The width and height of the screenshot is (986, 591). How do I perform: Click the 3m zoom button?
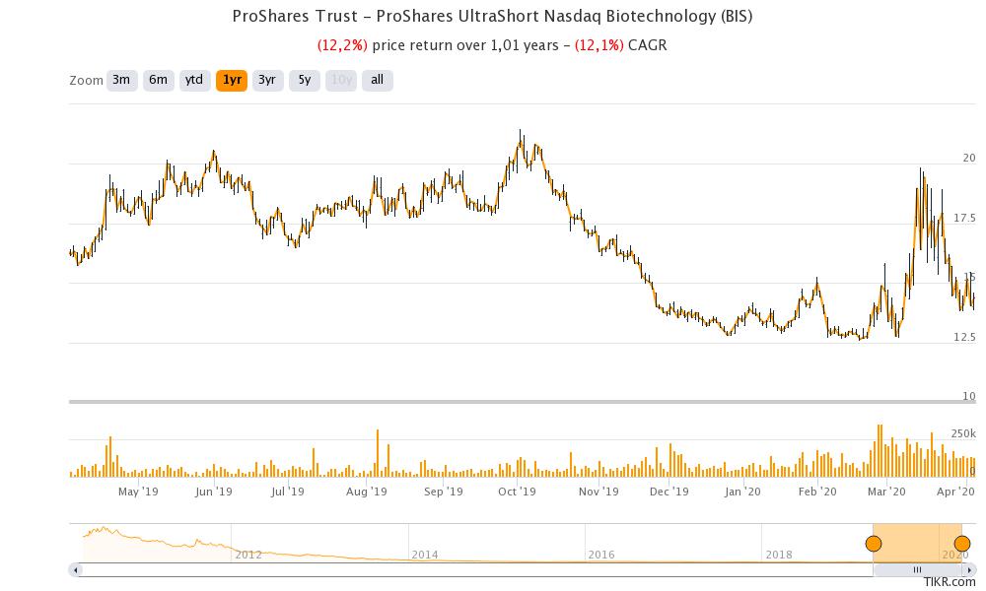[121, 80]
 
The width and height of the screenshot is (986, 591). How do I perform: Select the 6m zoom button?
[158, 80]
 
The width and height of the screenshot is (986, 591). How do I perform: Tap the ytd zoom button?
[194, 80]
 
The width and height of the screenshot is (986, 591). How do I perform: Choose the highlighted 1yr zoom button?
[232, 80]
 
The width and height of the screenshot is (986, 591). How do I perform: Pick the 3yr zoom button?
[267, 80]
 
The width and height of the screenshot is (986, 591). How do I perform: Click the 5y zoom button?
[305, 80]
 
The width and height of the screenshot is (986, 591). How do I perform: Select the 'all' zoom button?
[377, 80]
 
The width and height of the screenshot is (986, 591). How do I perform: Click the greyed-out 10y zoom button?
[341, 80]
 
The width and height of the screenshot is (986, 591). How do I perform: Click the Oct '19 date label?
[516, 492]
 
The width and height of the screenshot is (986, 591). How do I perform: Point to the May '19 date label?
[138, 492]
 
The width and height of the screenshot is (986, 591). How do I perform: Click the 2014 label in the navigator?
[425, 555]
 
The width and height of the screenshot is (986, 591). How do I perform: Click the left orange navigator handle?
[874, 544]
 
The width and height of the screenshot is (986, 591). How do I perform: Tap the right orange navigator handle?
[962, 544]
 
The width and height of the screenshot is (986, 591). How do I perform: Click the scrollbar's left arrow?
[75, 569]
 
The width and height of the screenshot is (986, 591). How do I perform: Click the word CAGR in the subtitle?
[648, 45]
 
